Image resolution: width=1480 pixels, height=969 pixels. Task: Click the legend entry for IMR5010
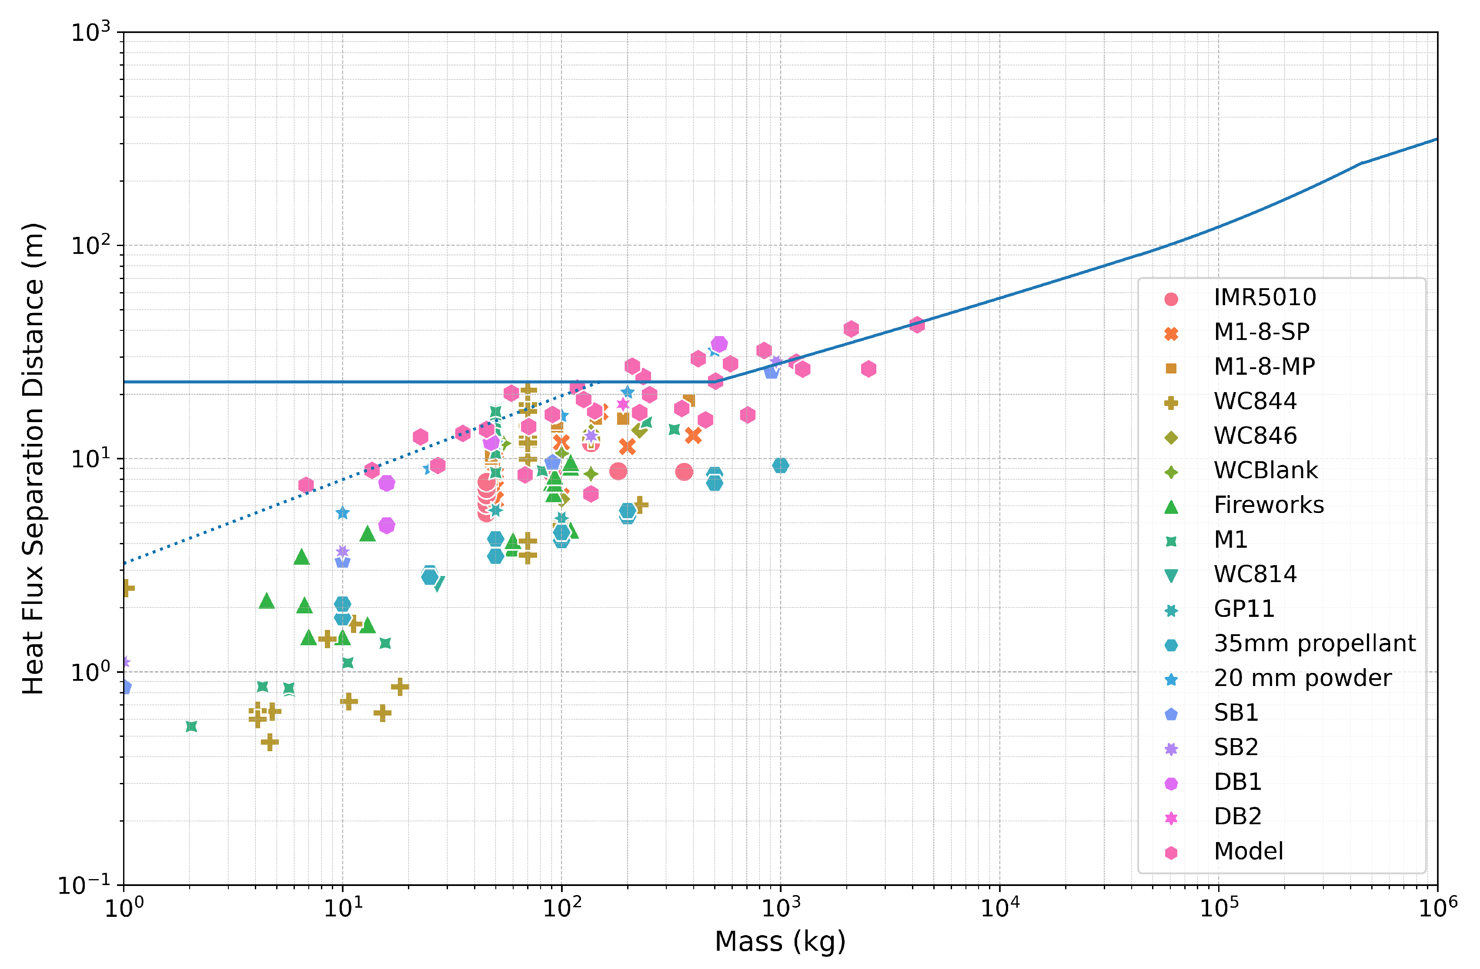pos(1264,298)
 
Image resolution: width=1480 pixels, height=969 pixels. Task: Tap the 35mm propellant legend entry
pos(1314,643)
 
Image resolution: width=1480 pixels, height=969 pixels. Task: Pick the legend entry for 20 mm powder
pos(1302,678)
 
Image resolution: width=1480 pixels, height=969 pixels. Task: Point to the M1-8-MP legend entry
pos(1263,367)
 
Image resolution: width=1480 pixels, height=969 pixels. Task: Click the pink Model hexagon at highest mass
pos(917,324)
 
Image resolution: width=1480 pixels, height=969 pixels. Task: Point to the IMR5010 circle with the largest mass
pos(684,473)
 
